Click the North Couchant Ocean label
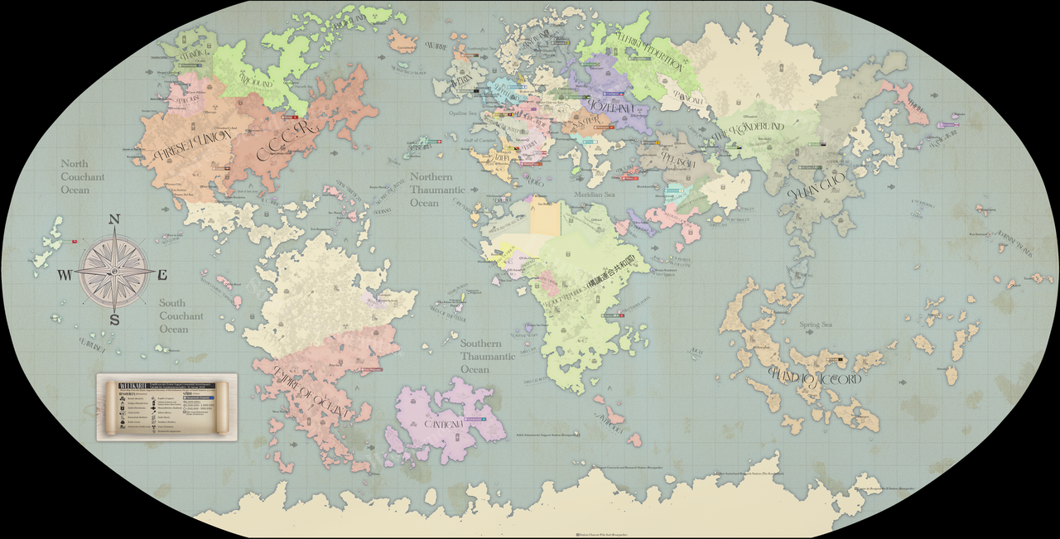pyautogui.click(x=83, y=176)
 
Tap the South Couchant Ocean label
pyautogui.click(x=181, y=315)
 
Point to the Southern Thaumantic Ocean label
pyautogui.click(x=488, y=356)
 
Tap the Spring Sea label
pyautogui.click(x=815, y=325)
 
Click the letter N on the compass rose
pyautogui.click(x=115, y=219)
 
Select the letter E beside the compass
pyautogui.click(x=163, y=275)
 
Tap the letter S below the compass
pyautogui.click(x=115, y=320)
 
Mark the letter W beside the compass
pyautogui.click(x=64, y=275)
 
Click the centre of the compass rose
pyautogui.click(x=115, y=272)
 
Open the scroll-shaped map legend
pyautogui.click(x=166, y=407)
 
